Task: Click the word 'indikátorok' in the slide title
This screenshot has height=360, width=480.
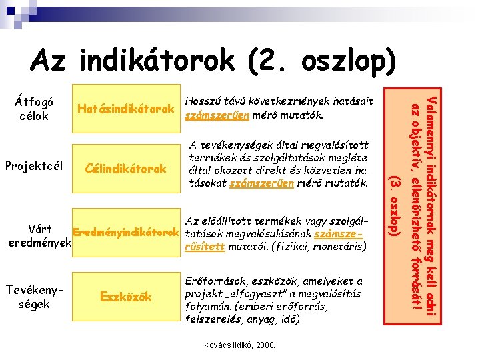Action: click(156, 61)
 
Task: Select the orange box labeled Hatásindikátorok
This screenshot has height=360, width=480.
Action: click(126, 109)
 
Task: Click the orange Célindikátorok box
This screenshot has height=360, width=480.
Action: click(126, 169)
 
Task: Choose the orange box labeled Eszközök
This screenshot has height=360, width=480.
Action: click(126, 297)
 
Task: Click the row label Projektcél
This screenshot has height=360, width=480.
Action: click(33, 165)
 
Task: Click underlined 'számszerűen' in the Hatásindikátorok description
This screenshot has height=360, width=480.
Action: click(211, 116)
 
